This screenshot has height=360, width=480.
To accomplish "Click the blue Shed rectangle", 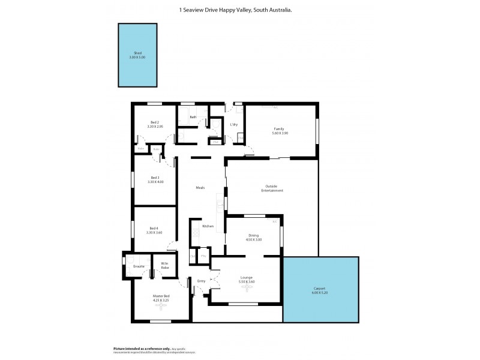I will [x=137, y=55].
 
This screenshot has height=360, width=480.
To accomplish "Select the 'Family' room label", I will [x=279, y=129].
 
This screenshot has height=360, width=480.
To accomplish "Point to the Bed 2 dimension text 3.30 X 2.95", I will [x=155, y=127].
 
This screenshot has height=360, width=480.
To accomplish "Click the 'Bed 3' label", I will [x=155, y=178].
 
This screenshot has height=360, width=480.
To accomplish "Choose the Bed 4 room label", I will [x=154, y=228].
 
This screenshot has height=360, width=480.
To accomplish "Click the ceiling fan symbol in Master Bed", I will [x=160, y=307].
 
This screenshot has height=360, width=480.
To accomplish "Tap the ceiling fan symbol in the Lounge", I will [x=246, y=287].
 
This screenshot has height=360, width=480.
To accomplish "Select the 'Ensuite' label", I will [x=139, y=265].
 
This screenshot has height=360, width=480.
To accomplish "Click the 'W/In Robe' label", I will [x=164, y=265].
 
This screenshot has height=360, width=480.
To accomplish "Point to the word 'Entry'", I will [x=201, y=280].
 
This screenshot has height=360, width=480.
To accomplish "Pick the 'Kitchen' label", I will [x=208, y=226].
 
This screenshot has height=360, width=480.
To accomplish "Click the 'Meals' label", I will [x=200, y=188].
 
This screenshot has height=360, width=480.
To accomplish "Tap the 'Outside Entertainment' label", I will [x=272, y=188].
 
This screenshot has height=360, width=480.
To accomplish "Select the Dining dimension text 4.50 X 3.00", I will [x=254, y=240].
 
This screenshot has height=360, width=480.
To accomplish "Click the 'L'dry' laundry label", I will [x=234, y=124].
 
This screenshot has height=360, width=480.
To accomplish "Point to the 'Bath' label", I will [x=193, y=117].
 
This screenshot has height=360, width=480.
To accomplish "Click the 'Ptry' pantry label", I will [x=204, y=257].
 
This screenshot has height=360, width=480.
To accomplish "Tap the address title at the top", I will [x=236, y=9].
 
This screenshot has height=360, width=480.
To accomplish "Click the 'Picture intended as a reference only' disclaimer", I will [x=142, y=349].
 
